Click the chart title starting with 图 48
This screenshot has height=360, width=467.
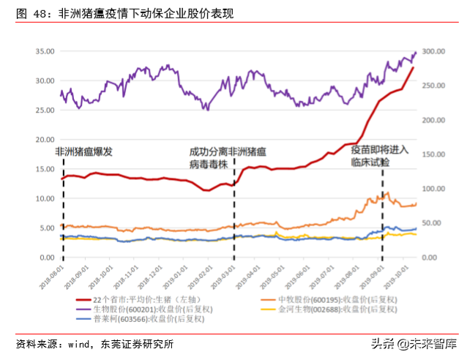coord(124,13)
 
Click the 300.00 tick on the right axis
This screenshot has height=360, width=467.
coord(435,51)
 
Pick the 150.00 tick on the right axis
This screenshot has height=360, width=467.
coord(435,154)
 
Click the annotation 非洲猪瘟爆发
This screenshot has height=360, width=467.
coord(84,151)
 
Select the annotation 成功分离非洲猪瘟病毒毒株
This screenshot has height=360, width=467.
coord(228,158)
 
